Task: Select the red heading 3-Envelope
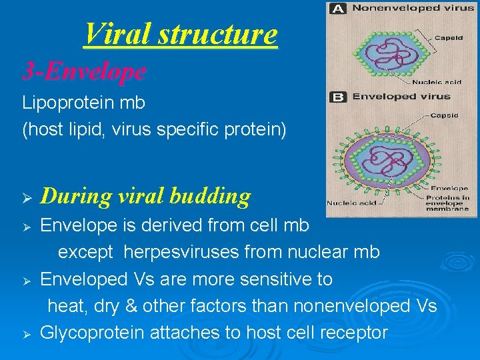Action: point(84,71)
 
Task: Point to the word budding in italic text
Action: point(210,196)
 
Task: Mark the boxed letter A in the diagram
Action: point(337,9)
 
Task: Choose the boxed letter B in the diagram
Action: point(337,97)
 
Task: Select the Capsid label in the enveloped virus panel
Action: point(444,115)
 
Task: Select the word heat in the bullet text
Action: point(63,306)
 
